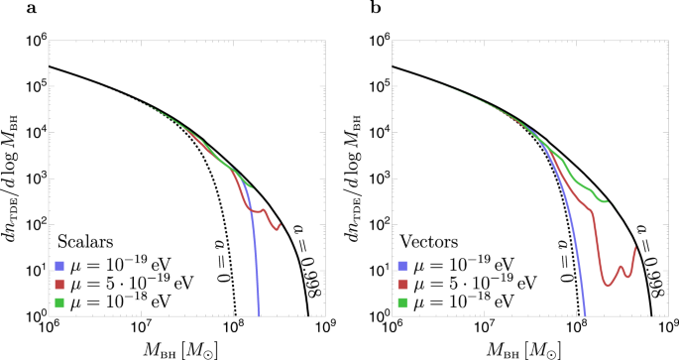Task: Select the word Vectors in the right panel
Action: pos(427,241)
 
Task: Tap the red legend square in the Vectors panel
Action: pos(406,283)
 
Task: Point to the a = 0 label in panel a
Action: pos(224,252)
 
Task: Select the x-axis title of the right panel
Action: pos(530,349)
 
